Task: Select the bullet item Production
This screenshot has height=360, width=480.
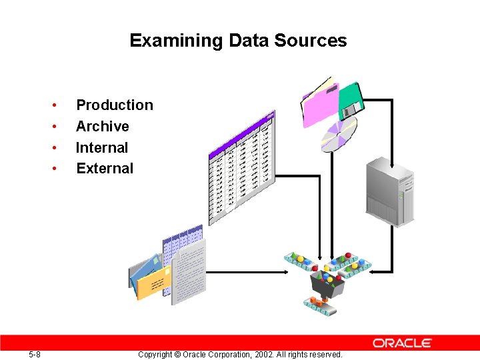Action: click(x=114, y=105)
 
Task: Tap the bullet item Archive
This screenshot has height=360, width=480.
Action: click(x=102, y=127)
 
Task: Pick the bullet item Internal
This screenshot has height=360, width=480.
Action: click(x=101, y=148)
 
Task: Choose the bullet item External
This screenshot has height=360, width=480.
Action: click(x=105, y=169)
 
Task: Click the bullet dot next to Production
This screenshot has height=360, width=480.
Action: click(x=53, y=105)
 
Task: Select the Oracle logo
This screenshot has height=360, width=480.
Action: click(x=402, y=343)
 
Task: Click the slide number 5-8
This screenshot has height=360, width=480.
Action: click(x=35, y=355)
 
